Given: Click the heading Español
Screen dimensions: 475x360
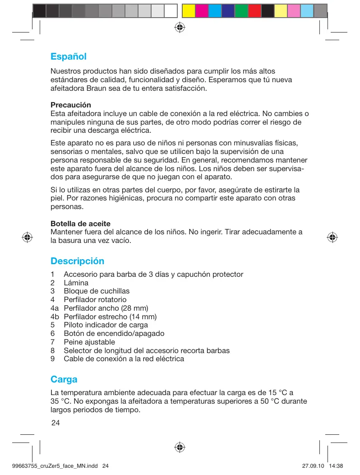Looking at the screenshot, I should point(68,57).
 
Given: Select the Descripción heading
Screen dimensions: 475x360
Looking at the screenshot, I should point(77,261).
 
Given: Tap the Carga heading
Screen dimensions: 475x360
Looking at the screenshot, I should point(64,379).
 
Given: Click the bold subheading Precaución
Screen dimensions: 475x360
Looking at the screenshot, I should point(70,105).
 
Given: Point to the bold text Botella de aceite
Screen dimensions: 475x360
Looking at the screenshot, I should point(80,224).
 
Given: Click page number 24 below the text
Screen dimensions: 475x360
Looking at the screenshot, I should point(55,423).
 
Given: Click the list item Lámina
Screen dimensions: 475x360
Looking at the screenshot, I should point(76,283).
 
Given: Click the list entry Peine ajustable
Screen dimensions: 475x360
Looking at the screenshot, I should point(89,342).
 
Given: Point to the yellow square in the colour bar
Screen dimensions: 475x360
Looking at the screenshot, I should point(189,11).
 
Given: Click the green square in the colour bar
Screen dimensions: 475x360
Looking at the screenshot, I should point(241,11).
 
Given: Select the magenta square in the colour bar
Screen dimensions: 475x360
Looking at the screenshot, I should point(202,11).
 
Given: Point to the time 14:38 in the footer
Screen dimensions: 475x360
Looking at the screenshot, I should point(337,466).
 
